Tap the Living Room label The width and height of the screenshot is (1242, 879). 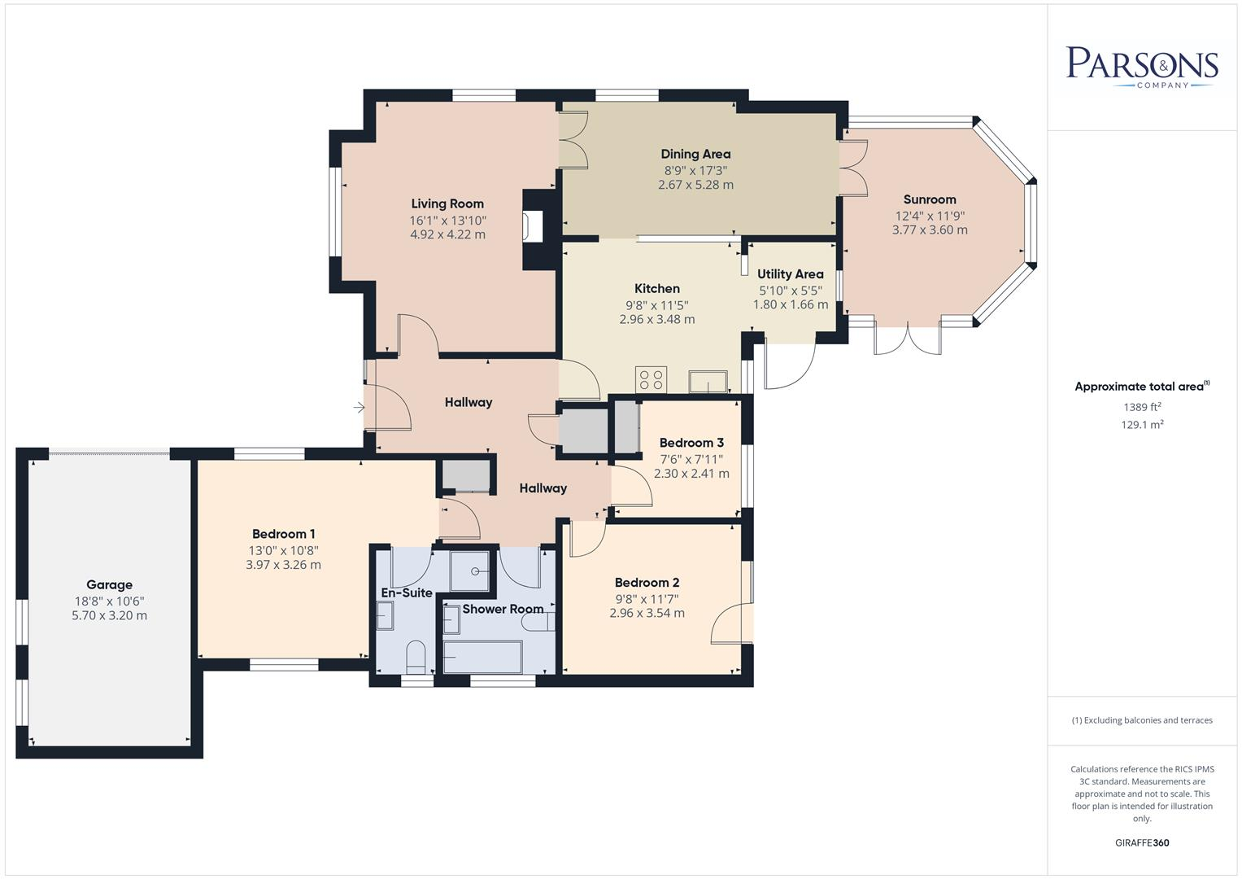click(x=447, y=204)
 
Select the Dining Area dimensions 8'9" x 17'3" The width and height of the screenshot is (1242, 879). click(x=695, y=171)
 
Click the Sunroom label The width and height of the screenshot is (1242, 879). click(x=930, y=199)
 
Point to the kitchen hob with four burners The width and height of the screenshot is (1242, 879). click(x=651, y=379)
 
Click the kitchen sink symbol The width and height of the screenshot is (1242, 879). click(x=708, y=382)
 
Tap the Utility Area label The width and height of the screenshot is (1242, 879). click(x=790, y=274)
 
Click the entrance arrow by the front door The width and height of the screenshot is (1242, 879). click(x=359, y=407)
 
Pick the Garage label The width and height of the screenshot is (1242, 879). click(x=109, y=584)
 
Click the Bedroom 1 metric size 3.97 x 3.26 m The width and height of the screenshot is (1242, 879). click(x=283, y=565)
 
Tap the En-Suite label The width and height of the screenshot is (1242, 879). click(x=407, y=593)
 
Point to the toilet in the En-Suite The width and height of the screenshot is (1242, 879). click(x=416, y=656)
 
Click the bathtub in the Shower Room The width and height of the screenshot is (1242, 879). click(x=482, y=657)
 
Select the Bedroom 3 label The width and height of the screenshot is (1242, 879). click(x=691, y=443)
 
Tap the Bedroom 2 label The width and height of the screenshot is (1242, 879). click(x=647, y=583)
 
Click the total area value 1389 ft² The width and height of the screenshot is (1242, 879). click(x=1142, y=407)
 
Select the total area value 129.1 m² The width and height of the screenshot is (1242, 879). click(x=1142, y=425)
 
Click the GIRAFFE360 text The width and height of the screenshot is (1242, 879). click(x=1142, y=842)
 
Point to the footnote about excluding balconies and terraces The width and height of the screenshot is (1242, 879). click(x=1142, y=720)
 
